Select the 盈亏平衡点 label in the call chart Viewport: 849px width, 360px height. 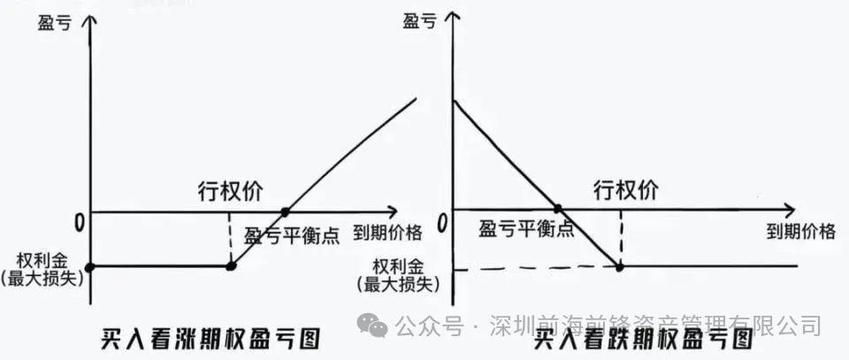click(291, 235)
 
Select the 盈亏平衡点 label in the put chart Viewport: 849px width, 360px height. click(526, 229)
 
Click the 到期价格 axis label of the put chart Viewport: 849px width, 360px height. click(800, 232)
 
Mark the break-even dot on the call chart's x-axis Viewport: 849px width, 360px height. click(285, 212)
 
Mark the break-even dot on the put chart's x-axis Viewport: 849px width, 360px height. click(557, 210)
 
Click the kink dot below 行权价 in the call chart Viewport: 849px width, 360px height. click(230, 265)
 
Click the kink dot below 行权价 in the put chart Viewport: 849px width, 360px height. click(619, 266)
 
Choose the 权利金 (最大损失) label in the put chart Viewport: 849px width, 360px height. click(400, 275)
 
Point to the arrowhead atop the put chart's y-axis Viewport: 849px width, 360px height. click(452, 18)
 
